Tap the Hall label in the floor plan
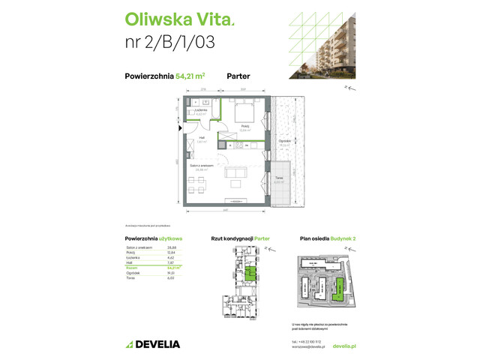(201, 138)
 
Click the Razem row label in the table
(131, 267)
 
